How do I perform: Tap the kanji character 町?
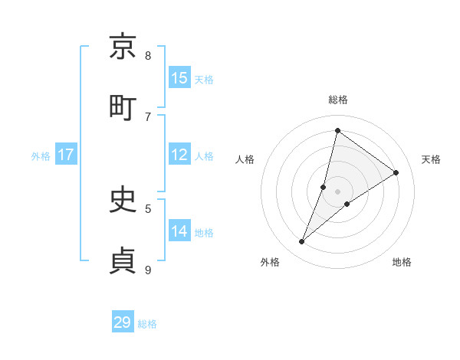pyautogui.click(x=123, y=107)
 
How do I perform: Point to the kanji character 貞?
pyautogui.click(x=123, y=260)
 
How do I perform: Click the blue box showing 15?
pyautogui.click(x=179, y=77)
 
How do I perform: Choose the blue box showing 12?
pyautogui.click(x=179, y=155)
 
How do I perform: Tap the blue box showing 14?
pyautogui.click(x=179, y=231)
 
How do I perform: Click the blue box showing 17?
pyautogui.click(x=66, y=155)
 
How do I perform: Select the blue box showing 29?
pyautogui.click(x=123, y=322)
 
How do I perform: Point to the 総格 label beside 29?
pyautogui.click(x=147, y=324)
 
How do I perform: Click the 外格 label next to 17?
pyautogui.click(x=41, y=155)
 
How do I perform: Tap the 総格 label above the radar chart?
pyautogui.click(x=337, y=100)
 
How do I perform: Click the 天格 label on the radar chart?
pyautogui.click(x=432, y=159)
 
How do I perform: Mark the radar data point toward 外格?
pyautogui.click(x=302, y=242)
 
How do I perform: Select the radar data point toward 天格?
pyautogui.click(x=396, y=172)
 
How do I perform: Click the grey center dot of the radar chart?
pyautogui.click(x=338, y=191)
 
